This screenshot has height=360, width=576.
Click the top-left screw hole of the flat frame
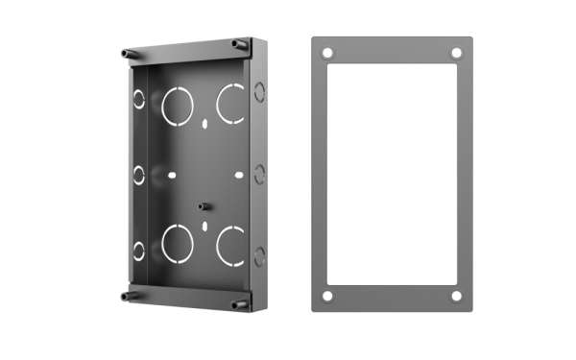point(327,53)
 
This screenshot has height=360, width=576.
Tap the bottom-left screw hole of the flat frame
point(327,296)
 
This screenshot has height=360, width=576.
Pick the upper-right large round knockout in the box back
point(230,102)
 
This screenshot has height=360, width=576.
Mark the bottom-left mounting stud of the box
point(125,295)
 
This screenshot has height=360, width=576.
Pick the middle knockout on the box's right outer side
point(259,173)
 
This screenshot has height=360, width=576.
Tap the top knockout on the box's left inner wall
point(139,99)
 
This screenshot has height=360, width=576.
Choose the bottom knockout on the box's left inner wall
point(139,251)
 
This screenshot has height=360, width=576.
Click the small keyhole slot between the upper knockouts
point(205,124)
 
